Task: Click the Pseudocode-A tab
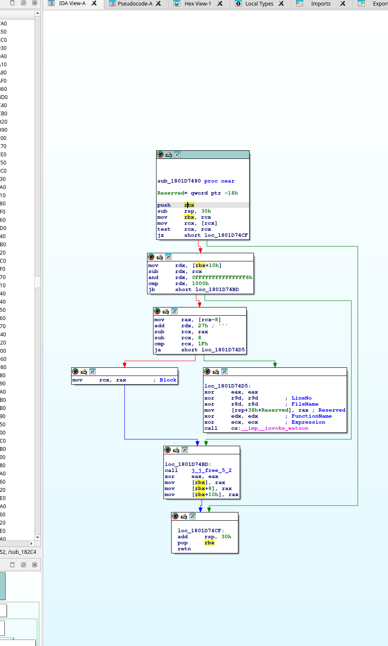tap(135, 4)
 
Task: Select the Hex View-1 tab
tap(197, 4)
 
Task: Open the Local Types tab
tap(259, 4)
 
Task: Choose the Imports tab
tap(320, 4)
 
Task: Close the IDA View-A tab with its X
tap(94, 3)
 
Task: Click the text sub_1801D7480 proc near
tap(196, 181)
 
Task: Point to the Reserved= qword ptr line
tap(197, 193)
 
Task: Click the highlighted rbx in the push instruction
tap(189, 205)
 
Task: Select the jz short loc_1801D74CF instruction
tap(202, 236)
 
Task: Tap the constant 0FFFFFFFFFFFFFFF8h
tap(222, 278)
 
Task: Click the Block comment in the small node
tap(168, 380)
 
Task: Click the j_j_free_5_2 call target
tap(211, 471)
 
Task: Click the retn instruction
tap(184, 549)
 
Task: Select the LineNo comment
tap(301, 398)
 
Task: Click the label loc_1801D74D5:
tap(228, 386)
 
